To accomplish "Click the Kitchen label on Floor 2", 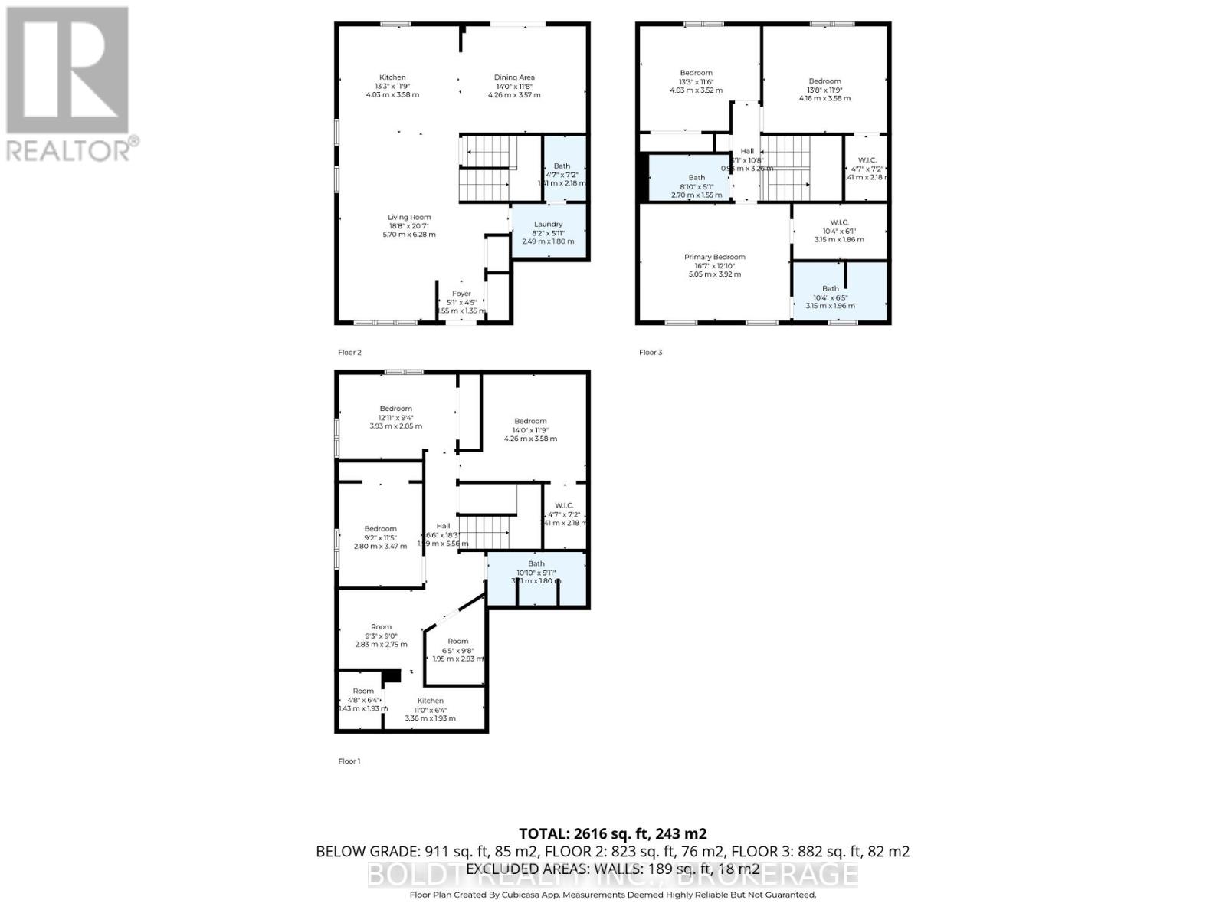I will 392,77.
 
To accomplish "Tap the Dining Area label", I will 514,77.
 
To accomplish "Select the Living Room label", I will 409,218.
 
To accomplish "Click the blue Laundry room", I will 548,232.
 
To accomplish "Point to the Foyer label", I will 461,294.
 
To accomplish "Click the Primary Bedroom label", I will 714,258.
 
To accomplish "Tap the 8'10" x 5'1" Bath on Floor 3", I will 696,186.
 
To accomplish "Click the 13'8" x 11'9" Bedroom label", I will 824,81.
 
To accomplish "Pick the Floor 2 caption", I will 349,353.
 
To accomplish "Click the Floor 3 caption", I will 651,353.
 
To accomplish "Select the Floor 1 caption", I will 349,761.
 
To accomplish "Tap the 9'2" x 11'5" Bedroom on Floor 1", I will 380,537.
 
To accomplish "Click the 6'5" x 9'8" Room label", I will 458,642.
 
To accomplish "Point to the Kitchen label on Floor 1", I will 430,701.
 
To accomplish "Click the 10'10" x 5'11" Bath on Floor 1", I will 536,572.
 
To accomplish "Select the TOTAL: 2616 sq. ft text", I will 612,833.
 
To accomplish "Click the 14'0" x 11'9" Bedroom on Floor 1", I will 530,429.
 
